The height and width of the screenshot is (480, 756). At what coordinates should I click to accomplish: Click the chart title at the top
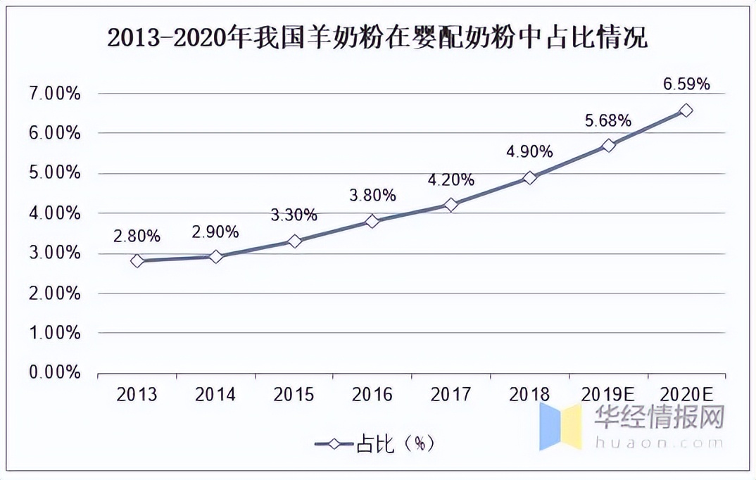coord(377,38)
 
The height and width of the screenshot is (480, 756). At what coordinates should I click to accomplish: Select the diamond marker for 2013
coord(137,260)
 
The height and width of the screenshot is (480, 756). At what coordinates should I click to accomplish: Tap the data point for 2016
coord(372,221)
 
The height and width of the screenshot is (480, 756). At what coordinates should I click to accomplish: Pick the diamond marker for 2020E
coord(686,110)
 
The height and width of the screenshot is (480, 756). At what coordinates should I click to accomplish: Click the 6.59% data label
coord(686,84)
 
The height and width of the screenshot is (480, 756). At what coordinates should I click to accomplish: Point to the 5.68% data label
coord(607,120)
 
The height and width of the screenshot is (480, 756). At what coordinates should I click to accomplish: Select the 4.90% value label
coord(529,151)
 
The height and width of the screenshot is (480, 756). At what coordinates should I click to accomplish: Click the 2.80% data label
coord(137,235)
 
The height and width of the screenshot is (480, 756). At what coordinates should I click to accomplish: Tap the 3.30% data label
coord(294,215)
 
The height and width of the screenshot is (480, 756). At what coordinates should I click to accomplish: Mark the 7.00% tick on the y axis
coord(53,94)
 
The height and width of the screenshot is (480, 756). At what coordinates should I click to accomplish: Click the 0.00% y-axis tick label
coord(53,373)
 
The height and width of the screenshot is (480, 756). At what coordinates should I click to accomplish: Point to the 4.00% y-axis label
coord(53,213)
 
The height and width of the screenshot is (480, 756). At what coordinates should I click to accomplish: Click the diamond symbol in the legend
coord(335,443)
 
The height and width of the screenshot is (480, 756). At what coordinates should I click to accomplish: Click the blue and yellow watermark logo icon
coord(560,426)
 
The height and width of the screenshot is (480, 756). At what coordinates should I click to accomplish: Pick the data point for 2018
coord(529,178)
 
